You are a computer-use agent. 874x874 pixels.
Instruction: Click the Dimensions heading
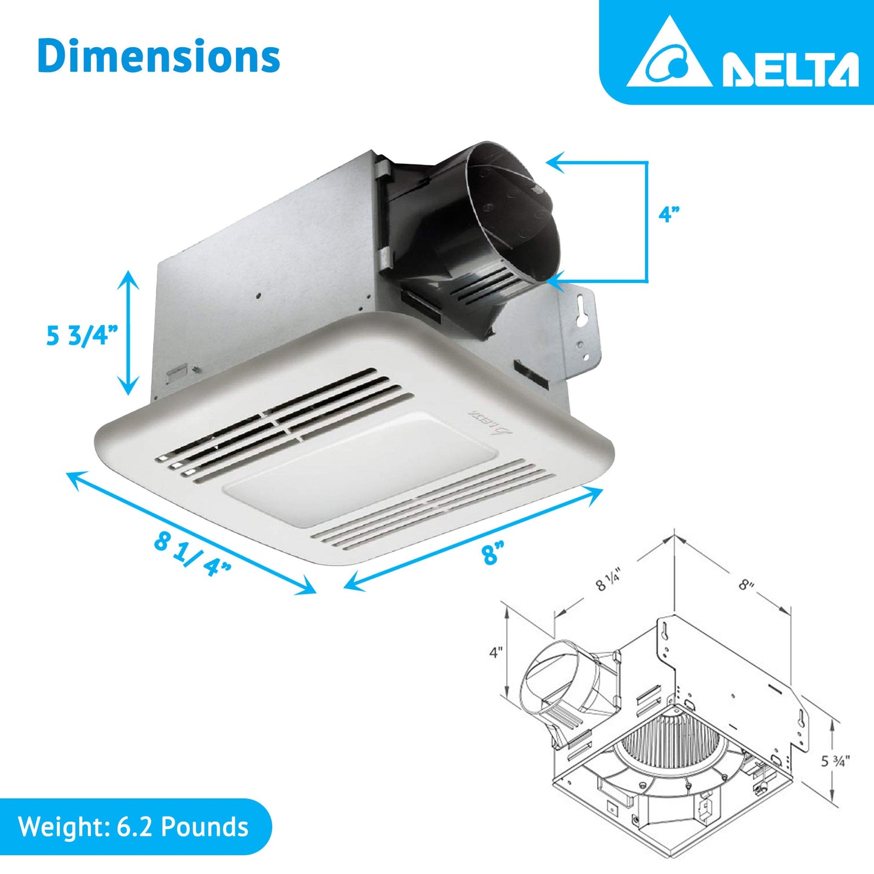pos(158,56)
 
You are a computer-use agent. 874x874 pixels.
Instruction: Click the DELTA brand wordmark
pos(790,69)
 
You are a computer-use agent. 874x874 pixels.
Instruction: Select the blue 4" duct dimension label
pos(669,215)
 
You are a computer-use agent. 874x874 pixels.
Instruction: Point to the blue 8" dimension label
pos(493,553)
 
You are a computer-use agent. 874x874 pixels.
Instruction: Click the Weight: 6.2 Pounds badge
pos(134,827)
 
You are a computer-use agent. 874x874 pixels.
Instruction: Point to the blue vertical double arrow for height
pos(128,333)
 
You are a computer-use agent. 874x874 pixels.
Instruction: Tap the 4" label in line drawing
pos(496,653)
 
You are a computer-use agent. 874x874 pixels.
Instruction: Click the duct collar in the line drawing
pos(556,677)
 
